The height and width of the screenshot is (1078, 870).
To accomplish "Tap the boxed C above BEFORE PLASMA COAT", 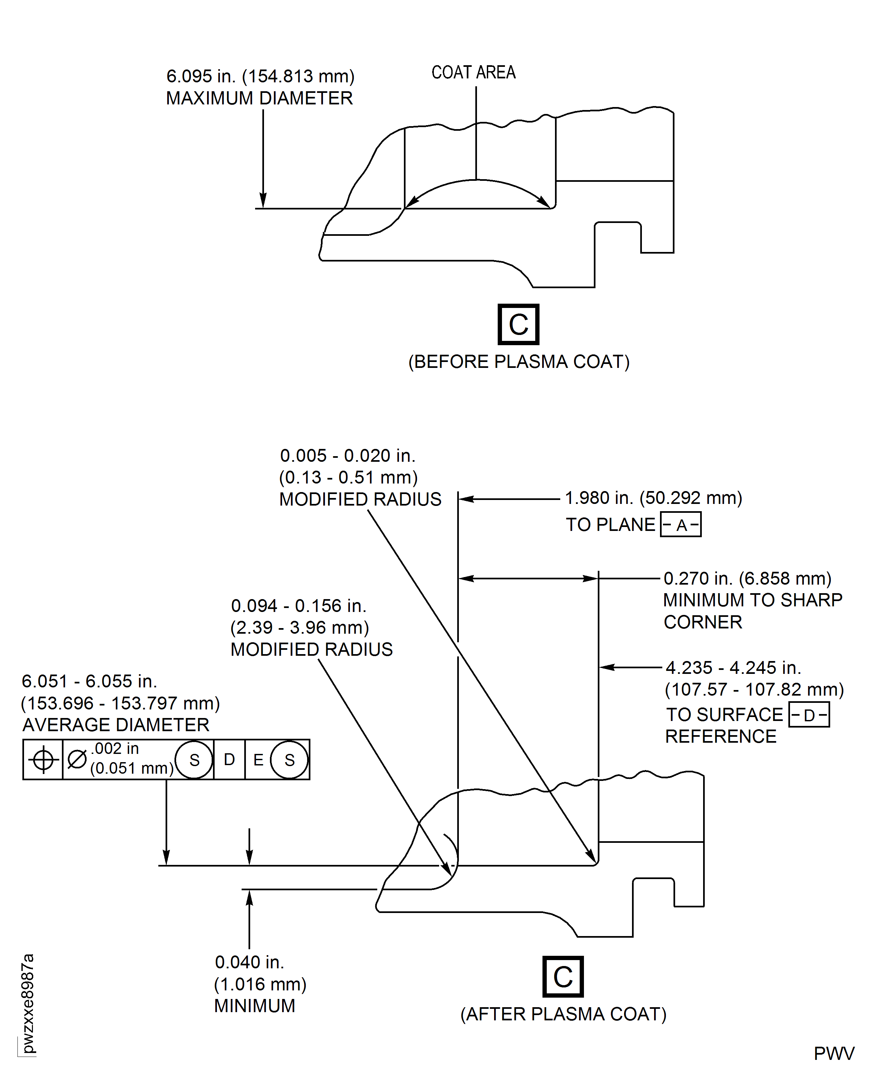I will click(518, 324).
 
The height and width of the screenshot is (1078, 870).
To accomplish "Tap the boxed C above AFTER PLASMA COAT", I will click(563, 977).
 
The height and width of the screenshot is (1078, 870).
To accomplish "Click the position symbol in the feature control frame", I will click(43, 760).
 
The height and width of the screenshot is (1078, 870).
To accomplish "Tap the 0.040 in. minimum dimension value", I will click(250, 962).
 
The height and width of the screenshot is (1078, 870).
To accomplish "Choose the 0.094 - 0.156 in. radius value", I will click(299, 606).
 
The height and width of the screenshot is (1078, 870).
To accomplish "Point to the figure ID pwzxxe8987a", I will click(28, 1003).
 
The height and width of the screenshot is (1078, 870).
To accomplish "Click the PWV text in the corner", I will click(834, 1053).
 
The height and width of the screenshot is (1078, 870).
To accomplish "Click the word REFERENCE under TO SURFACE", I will click(721, 736).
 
